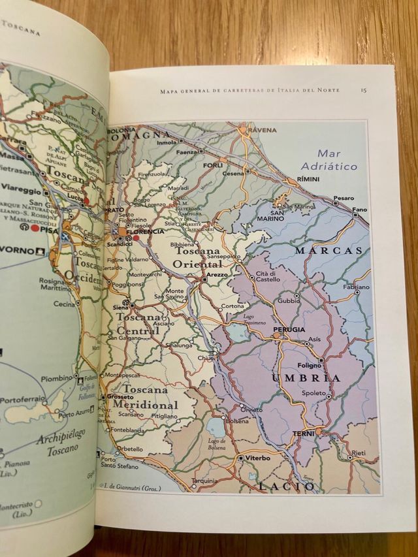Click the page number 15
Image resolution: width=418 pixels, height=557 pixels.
tap(362, 90)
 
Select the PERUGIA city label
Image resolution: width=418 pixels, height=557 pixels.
tap(289, 329)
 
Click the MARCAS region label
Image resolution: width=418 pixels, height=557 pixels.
tap(328, 250)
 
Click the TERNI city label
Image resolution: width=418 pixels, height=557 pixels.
tap(304, 433)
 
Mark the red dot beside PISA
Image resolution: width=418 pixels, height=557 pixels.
tap(35, 229)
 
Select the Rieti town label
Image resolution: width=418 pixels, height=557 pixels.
tap(358, 452)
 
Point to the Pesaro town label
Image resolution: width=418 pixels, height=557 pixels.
tap(343, 198)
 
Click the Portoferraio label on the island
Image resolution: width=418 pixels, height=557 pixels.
tap(21, 399)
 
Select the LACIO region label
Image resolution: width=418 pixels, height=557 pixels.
tap(281, 486)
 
